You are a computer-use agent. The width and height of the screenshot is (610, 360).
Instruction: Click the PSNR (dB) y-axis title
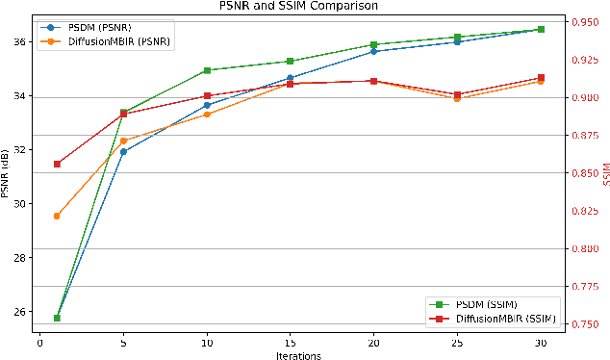pos(7,173)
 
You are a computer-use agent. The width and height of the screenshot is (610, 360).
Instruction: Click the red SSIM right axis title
pos(605,173)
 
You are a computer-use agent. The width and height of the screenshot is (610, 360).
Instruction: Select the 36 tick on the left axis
pos(19,42)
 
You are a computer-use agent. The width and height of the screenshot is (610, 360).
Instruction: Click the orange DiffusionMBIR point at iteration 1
pos(57,216)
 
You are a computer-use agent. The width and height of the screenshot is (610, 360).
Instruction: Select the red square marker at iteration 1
pos(57,164)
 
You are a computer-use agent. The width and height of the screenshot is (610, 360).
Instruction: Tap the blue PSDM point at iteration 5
pos(123,151)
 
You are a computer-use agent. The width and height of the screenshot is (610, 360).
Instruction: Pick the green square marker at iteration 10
pos(206,70)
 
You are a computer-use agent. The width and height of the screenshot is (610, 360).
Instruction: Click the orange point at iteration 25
pos(457,98)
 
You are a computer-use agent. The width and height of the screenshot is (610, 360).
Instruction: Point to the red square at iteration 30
pos(541,77)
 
